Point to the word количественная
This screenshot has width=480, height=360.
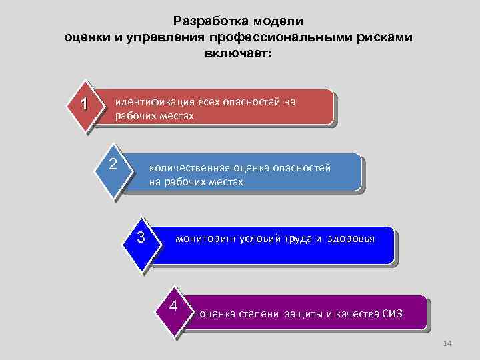click(x=185, y=168)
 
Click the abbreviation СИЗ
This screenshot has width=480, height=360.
click(x=393, y=313)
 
